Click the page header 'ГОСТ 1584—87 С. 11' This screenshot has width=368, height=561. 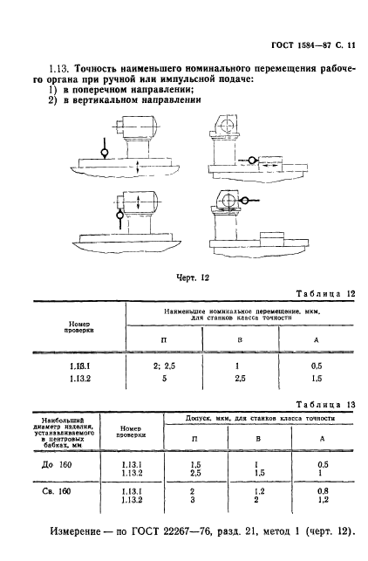point(313,45)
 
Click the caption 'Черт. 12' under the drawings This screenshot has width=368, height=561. point(193,277)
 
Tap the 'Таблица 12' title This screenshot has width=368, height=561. point(326,294)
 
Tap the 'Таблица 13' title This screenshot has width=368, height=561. point(326,405)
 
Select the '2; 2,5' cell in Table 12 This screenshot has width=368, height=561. point(164,366)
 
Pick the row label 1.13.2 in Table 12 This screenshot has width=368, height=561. point(80,379)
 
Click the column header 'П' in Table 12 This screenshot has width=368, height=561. point(164,339)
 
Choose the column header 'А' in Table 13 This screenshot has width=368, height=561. point(323,439)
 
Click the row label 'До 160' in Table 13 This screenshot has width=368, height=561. point(57,464)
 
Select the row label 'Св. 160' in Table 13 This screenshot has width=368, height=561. point(57,491)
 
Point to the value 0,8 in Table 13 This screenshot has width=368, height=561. point(323,491)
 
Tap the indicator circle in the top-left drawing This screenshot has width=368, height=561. point(105,154)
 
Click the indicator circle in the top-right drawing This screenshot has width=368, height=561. point(252,161)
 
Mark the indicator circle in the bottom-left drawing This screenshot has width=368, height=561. point(119,216)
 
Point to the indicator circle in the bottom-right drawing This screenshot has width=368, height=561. point(245,201)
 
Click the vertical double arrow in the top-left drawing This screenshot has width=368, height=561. point(138,168)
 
